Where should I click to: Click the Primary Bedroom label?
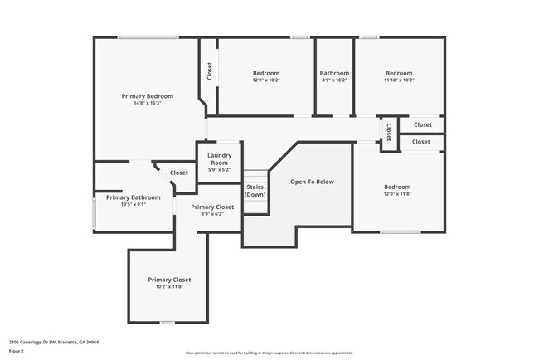coord(147,95)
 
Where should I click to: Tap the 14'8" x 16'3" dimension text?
coord(147,103)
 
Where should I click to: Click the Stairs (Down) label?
coord(255,191)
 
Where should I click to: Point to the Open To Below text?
coord(312,182)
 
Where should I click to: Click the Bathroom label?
coord(335,73)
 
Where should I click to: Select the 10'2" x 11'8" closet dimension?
coord(169,287)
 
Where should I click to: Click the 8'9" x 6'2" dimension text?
coord(212,214)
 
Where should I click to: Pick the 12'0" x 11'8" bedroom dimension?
coord(396,194)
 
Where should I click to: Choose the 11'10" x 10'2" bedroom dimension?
coord(399,80)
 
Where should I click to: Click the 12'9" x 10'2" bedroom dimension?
coord(266,80)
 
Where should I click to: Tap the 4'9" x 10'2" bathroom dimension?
coord(335,80)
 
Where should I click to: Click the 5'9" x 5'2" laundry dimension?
coord(219,170)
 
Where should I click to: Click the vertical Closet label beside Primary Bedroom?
coord(209,72)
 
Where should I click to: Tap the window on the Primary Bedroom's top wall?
coord(147,36)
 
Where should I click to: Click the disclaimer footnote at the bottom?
coord(269,353)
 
